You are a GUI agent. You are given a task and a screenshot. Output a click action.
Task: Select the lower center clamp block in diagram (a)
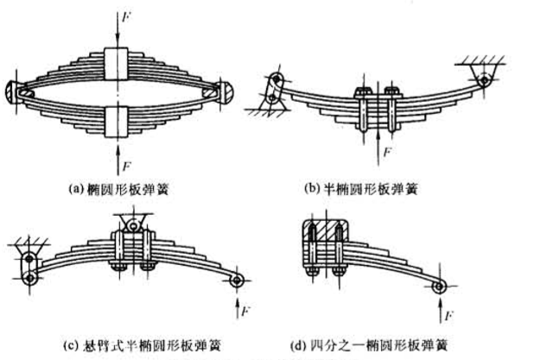[118, 116]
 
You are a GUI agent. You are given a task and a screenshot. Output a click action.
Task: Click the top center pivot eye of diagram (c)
[131, 226]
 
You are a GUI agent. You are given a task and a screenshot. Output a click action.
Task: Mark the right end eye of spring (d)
[440, 287]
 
